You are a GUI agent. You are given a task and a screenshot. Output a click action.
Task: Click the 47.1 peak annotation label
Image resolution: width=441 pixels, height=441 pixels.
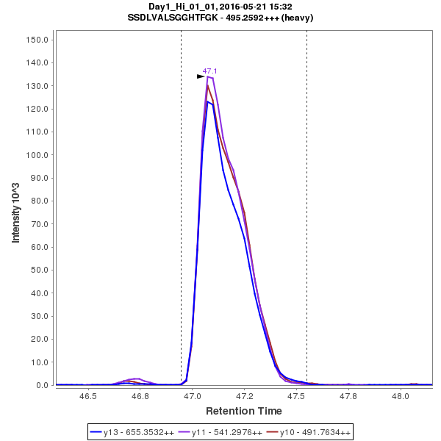(210, 71)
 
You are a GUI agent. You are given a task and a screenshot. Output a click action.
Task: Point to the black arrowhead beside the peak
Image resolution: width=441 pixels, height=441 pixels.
(201, 76)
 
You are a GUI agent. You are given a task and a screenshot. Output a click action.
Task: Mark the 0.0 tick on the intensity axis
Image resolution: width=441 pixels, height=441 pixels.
(42, 385)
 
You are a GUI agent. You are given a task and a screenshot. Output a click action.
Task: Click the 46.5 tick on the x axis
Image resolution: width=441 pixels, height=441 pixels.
(88, 396)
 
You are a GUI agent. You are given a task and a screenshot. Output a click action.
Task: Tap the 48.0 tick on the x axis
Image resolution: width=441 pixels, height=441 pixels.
(401, 396)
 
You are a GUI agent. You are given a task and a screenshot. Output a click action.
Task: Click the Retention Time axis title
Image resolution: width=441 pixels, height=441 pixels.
(243, 411)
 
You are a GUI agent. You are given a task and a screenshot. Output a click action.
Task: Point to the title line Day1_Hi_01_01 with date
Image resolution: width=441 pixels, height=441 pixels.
(220, 7)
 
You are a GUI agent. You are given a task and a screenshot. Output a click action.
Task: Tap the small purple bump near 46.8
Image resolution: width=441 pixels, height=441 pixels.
(137, 379)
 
